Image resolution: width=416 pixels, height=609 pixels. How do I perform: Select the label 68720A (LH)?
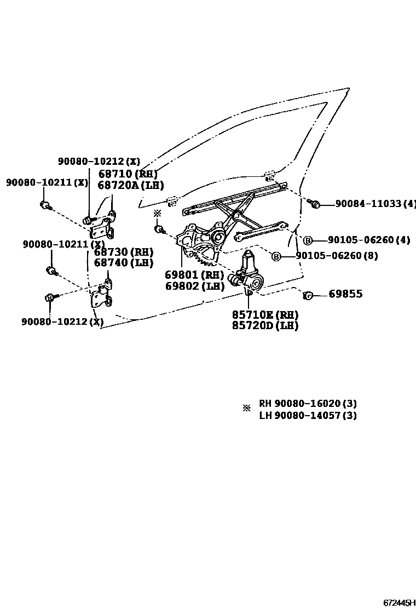pos(131,185)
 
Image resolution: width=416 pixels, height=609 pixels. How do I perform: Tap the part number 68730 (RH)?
pos(123,252)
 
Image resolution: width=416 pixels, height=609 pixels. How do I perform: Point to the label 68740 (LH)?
pos(123,263)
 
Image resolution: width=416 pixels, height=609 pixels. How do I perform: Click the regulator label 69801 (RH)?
pos(194,275)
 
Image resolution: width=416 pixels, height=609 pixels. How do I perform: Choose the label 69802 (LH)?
pos(194,286)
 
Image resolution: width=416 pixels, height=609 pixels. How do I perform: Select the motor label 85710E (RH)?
pos(265,315)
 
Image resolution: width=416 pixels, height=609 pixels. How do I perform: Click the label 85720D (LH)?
pos(265,326)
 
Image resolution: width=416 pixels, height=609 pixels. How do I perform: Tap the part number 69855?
pos(345,294)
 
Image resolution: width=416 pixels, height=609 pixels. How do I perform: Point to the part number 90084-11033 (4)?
pos(375,204)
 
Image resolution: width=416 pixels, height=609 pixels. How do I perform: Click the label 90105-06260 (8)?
pos(336,256)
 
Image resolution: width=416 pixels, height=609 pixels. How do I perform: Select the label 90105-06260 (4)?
pos(368,240)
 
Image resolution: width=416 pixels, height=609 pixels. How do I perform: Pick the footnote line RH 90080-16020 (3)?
pos(308,404)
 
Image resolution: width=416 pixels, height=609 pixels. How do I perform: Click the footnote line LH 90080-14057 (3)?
pos(308,415)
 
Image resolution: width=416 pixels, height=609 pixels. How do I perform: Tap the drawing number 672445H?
pos(399,603)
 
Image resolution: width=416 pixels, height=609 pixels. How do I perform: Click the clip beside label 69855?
pos(308,295)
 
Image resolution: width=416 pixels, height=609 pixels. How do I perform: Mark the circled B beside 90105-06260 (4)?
pos(308,240)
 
